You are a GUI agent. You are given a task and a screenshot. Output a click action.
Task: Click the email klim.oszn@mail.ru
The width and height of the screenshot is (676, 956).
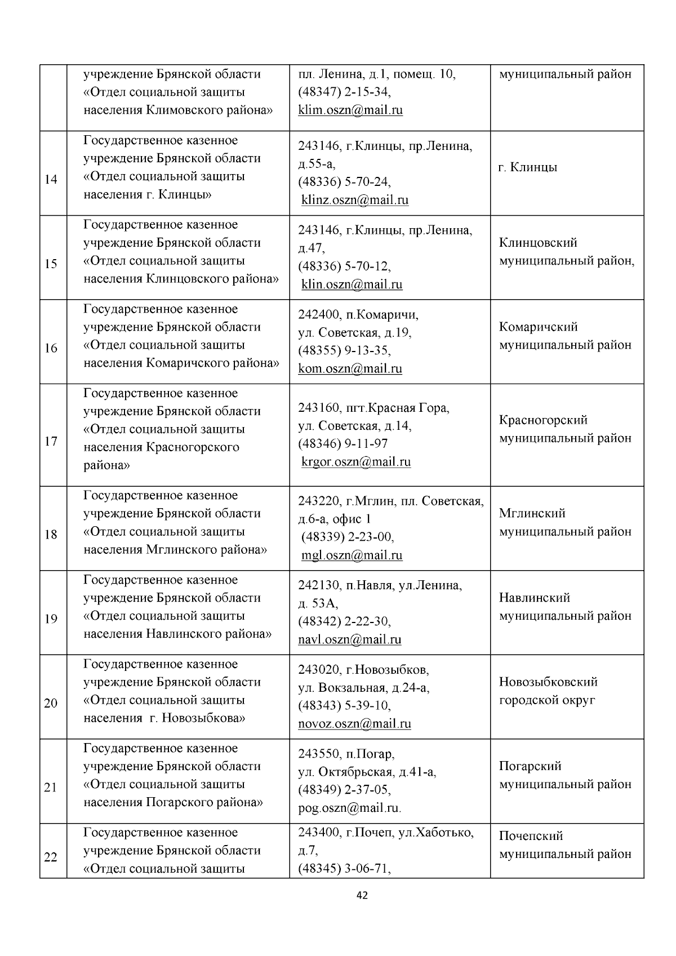350,110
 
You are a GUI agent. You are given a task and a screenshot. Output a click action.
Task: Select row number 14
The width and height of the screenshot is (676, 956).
51,180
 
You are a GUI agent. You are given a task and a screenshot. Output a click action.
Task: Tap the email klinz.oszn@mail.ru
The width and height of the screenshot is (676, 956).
355,200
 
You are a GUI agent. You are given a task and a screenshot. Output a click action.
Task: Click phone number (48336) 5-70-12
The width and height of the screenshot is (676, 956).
344,266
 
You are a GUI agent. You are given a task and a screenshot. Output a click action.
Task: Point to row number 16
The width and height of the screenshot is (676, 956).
51,349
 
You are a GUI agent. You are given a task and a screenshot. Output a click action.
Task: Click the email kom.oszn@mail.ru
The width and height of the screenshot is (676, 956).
350,369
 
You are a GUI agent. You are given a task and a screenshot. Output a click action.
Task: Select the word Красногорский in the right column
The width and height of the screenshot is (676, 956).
543,420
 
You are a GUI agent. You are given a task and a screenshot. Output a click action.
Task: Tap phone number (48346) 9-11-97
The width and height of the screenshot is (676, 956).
343,444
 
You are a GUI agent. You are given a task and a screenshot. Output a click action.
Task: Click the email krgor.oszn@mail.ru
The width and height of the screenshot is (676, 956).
356,462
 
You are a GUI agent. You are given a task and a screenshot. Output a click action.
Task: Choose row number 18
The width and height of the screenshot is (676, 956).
51,535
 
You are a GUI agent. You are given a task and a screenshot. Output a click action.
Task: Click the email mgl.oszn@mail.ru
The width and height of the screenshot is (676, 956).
352,555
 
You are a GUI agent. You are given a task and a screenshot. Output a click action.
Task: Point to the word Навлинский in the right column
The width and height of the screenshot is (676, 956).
534,598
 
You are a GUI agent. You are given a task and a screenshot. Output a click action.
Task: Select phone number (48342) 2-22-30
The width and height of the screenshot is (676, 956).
344,621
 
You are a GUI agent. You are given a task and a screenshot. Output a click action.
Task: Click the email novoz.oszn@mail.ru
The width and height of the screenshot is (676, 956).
354,724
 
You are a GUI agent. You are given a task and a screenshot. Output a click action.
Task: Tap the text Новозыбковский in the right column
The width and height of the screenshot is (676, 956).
548,682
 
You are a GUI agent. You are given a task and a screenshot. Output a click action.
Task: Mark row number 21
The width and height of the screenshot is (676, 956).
51,788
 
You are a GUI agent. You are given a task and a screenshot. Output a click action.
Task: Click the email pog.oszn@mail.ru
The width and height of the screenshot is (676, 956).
349,808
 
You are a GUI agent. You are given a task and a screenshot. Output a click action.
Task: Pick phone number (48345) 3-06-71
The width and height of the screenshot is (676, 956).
344,869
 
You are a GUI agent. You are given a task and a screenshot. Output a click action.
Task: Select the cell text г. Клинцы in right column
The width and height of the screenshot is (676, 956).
528,168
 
